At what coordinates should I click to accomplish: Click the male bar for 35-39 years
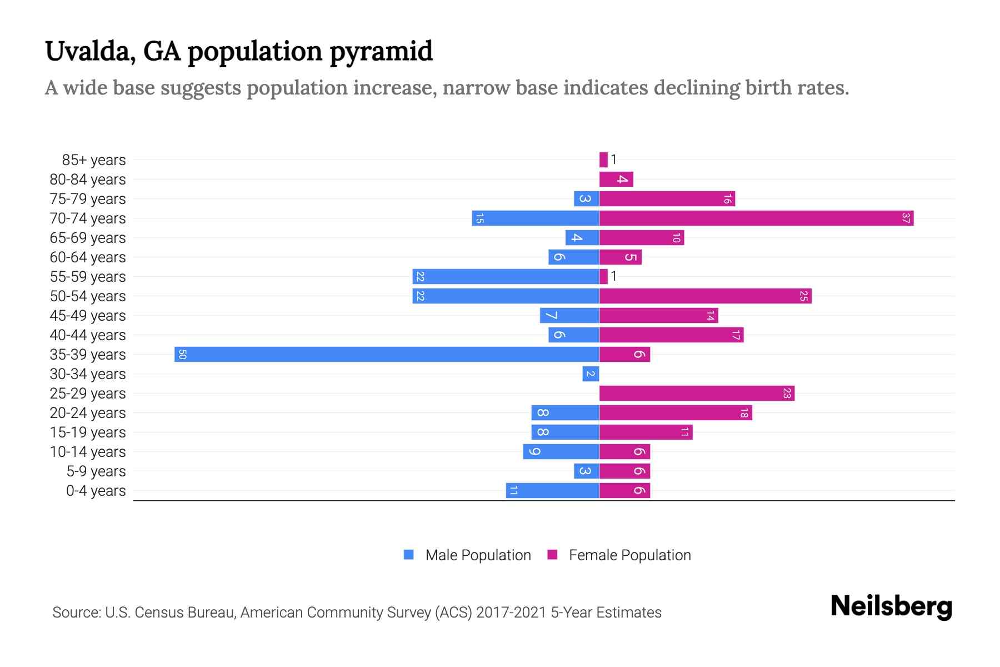click(387, 354)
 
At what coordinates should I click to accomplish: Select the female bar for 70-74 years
click(756, 218)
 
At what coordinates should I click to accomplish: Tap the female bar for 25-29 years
click(697, 393)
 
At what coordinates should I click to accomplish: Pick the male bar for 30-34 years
click(591, 374)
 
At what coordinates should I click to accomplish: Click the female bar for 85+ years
click(603, 160)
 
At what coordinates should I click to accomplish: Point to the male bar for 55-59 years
click(506, 276)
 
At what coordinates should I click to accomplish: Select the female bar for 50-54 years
click(705, 296)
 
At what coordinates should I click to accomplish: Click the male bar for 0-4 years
click(552, 490)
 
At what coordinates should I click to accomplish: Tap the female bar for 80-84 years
click(616, 179)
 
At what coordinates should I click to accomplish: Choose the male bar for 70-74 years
click(536, 218)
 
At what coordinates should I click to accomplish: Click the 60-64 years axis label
click(88, 257)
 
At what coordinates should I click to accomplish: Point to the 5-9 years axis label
click(96, 471)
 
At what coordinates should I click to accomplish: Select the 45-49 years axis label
click(88, 316)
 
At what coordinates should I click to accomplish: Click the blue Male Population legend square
click(409, 555)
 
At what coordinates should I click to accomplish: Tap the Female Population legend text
click(629, 555)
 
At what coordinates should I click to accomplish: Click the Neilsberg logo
click(891, 606)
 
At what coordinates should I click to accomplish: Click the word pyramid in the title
click(381, 51)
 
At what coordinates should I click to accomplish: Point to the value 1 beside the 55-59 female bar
click(614, 276)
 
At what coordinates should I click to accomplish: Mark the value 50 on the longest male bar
click(182, 354)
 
